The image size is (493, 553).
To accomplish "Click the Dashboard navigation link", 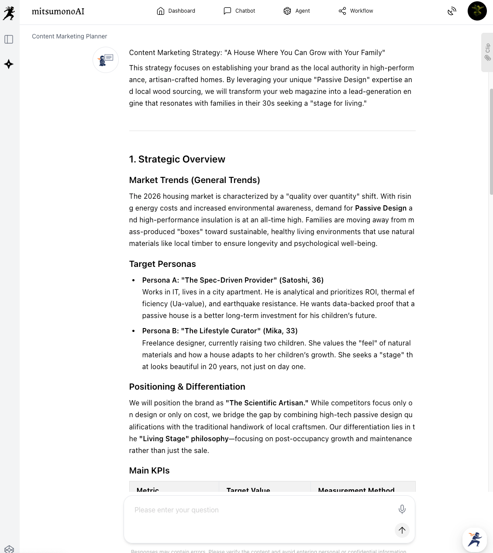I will pos(176,11).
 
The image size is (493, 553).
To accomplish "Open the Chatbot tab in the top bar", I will pos(239,11).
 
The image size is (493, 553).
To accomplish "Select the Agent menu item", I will pos(296,11).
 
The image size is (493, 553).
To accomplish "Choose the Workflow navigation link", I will pos(356,11).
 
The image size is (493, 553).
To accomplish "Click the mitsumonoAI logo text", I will pos(58,11).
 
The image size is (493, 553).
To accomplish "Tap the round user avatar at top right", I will pos(477,11).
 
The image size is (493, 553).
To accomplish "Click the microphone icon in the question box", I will pos(402,509).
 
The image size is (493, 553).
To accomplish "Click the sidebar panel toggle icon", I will pos(9,39).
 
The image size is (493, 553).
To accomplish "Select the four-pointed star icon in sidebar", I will pos(9,64).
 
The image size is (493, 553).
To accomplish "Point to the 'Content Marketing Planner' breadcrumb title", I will pos(69,36).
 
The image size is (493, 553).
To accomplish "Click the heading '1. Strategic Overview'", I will pos(177,159).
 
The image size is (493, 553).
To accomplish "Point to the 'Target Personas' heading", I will pos(162,264).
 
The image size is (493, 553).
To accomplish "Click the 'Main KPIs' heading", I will pos(149,470).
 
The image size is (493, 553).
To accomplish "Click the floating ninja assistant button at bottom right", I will pos(475,539).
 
